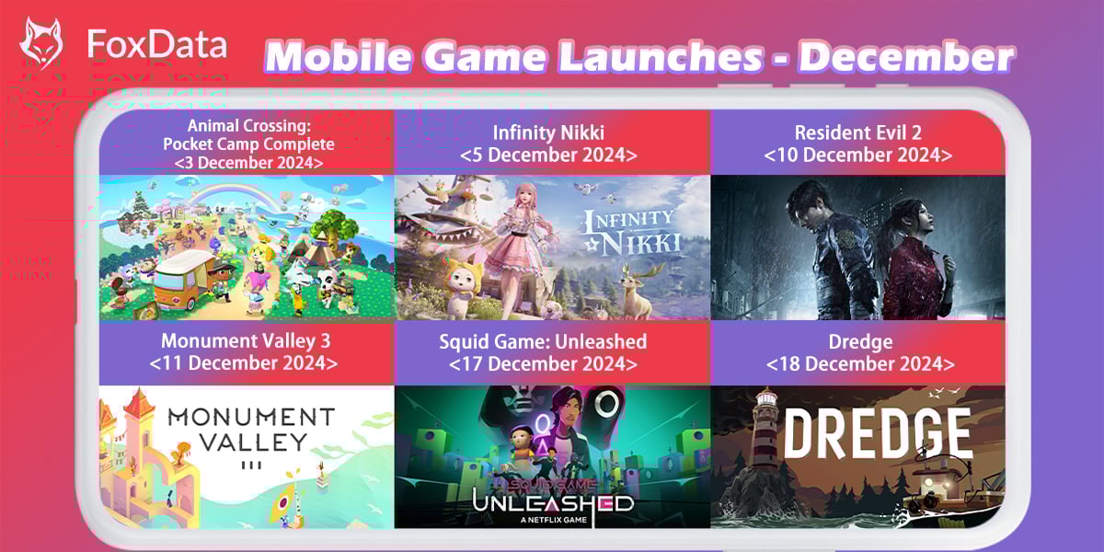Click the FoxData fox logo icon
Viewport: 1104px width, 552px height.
[x=41, y=42]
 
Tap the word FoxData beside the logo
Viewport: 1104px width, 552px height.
[x=156, y=43]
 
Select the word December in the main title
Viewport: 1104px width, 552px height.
[x=906, y=58]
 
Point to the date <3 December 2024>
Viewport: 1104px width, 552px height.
[x=247, y=162]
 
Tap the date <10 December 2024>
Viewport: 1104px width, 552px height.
[x=858, y=155]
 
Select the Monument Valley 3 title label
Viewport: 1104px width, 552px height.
[x=246, y=341]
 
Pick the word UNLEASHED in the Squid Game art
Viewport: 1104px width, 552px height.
[x=552, y=503]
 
